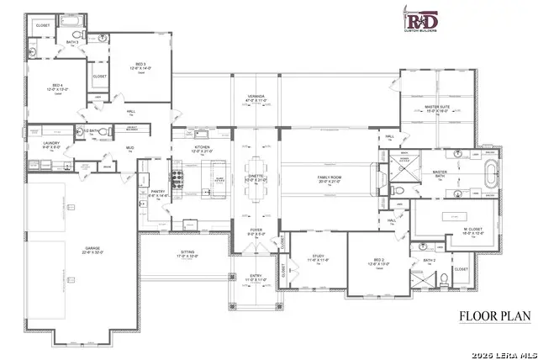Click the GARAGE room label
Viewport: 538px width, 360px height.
point(92,249)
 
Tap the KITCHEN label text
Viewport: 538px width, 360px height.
point(202,147)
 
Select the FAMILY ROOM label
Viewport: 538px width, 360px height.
point(328,177)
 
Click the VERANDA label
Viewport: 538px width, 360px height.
point(256,97)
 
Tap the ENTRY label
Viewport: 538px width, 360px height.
point(256,275)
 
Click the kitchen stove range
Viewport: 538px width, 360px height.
point(178,178)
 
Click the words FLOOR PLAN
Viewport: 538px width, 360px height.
point(493,317)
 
